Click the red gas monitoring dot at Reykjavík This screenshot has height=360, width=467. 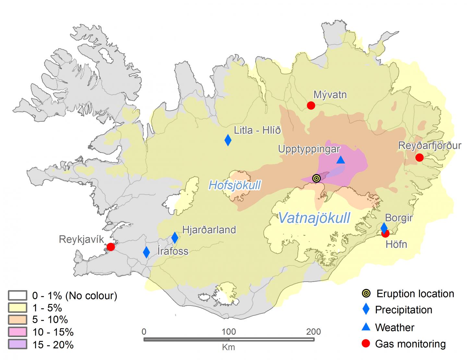coord(111,247)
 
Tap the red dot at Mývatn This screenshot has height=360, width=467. coord(311,105)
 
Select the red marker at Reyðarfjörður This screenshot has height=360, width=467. coord(419,157)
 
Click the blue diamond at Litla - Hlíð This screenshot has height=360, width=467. coord(228,140)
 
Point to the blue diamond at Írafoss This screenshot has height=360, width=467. coord(146,252)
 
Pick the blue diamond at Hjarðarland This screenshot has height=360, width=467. coord(175,238)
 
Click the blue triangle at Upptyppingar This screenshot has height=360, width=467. coord(341,160)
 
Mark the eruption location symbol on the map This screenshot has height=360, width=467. coord(317,178)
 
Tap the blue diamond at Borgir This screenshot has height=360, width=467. coord(384,227)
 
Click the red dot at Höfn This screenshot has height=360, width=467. coord(386,234)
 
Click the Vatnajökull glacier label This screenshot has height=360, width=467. coord(314,218)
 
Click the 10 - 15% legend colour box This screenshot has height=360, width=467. coord(18,332)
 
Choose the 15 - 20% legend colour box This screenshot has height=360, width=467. coord(18,344)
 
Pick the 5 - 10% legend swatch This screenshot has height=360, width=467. coord(18,320)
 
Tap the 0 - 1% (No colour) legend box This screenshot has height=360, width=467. coord(18,296)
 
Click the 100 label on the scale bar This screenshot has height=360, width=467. coord(229,332)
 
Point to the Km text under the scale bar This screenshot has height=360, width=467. coord(229,347)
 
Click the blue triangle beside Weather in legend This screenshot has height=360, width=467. coord(366,327)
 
